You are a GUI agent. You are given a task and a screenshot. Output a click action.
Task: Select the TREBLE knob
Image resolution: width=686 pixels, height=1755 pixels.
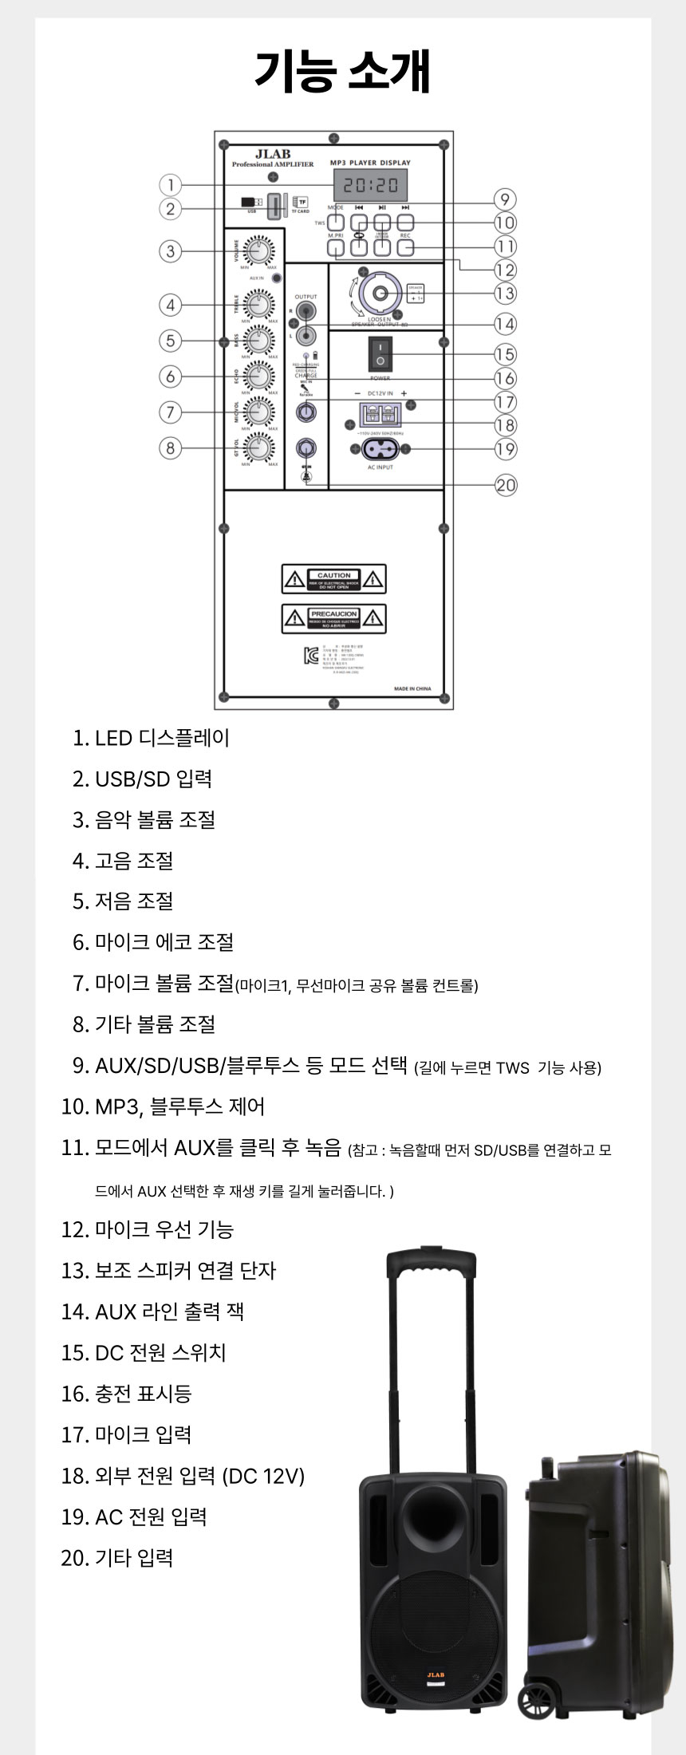257,304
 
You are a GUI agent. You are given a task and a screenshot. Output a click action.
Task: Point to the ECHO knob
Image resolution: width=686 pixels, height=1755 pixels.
257,375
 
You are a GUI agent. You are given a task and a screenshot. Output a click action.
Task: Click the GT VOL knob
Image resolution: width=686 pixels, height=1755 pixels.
257,447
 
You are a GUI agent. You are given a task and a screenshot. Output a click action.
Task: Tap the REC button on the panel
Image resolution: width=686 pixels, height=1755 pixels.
405,247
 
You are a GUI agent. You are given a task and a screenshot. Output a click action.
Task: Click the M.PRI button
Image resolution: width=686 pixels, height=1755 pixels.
336,247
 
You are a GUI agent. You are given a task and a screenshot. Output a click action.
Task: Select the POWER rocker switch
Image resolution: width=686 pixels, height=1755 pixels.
380,354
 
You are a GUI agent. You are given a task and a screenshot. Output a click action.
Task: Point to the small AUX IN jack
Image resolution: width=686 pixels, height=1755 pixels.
277,278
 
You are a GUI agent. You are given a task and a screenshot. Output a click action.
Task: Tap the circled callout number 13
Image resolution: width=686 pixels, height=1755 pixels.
505,293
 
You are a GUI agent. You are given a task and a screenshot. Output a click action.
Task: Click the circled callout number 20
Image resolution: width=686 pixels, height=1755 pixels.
506,485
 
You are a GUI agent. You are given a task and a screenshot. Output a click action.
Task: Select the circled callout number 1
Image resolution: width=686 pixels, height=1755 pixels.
170,185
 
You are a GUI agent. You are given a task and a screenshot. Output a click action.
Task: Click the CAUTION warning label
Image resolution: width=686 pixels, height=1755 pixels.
333,579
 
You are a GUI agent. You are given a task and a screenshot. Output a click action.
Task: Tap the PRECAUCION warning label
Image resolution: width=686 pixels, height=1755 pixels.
333,618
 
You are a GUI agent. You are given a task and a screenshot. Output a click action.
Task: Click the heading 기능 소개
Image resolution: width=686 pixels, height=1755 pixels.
343,71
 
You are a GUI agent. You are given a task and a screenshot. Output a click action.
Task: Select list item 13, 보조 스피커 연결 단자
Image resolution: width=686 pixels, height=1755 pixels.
168,1270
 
